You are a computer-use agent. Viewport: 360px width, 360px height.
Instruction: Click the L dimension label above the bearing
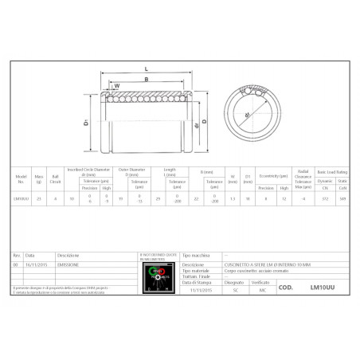(147, 69)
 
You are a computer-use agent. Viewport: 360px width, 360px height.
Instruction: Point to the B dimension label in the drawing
(146, 79)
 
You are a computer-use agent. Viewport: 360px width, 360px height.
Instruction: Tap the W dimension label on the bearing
(117, 85)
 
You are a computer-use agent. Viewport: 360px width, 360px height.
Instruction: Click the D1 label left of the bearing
(85, 123)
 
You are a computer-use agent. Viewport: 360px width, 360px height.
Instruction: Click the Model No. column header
(22, 175)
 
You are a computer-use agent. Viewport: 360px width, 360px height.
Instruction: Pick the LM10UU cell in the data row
(22, 198)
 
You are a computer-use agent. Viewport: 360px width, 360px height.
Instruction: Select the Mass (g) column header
(40, 175)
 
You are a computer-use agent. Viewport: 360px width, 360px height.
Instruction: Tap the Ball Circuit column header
(56, 175)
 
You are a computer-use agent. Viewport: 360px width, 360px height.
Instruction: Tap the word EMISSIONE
(67, 264)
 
